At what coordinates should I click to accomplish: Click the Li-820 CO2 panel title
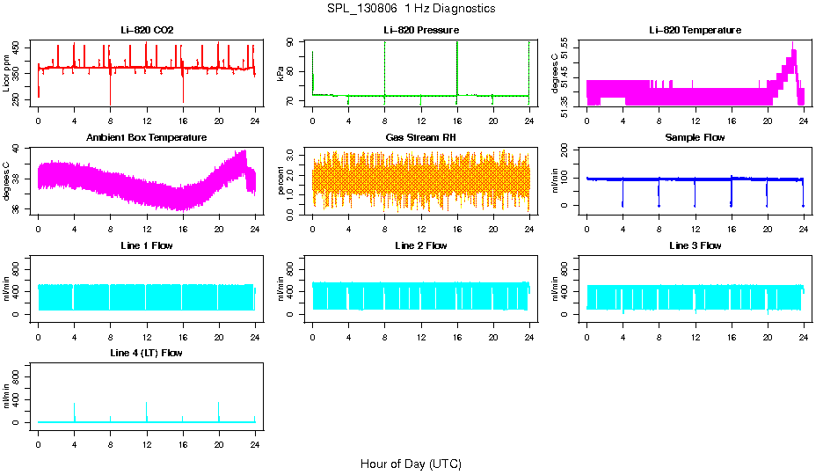(x=147, y=30)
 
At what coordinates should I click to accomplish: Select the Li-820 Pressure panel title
(x=421, y=30)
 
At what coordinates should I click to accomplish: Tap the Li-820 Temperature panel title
(x=695, y=30)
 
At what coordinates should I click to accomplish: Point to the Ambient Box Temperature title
(x=147, y=137)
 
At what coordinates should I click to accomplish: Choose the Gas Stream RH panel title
(x=421, y=137)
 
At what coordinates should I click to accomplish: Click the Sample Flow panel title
(x=695, y=137)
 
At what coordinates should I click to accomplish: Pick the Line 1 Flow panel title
(x=147, y=245)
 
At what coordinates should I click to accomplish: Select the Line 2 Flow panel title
(x=421, y=245)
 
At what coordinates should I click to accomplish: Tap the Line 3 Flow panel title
(x=695, y=245)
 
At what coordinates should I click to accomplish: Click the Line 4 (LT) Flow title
(x=147, y=353)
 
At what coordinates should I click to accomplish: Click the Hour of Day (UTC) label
(x=411, y=464)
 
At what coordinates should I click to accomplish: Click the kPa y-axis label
(x=281, y=73)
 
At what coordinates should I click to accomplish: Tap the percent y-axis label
(x=281, y=180)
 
